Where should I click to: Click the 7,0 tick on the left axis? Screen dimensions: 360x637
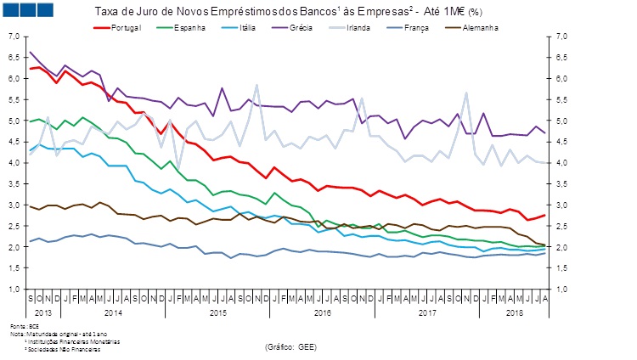click(x=13, y=37)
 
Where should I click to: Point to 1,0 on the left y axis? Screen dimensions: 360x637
click(x=13, y=290)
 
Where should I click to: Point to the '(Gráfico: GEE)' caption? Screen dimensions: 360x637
click(x=292, y=346)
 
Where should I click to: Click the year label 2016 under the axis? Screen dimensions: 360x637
click(x=322, y=313)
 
